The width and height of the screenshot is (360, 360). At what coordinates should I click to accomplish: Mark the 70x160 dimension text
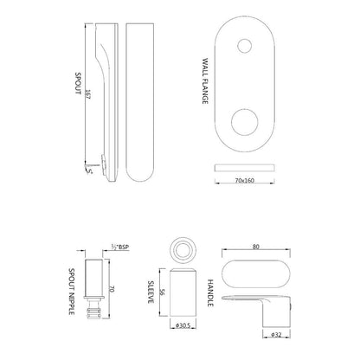point(242,183)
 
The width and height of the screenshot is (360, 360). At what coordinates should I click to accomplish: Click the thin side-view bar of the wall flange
point(242,165)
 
